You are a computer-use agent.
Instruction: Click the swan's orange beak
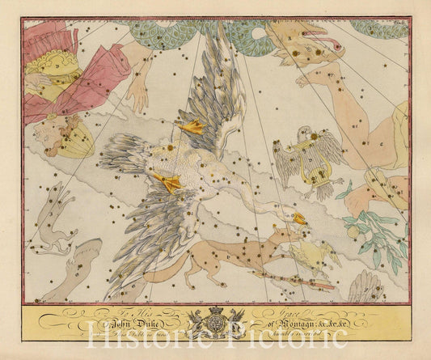(299, 218)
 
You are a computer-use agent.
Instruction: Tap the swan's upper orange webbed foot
(192, 126)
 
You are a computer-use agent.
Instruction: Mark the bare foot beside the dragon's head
(311, 78)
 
